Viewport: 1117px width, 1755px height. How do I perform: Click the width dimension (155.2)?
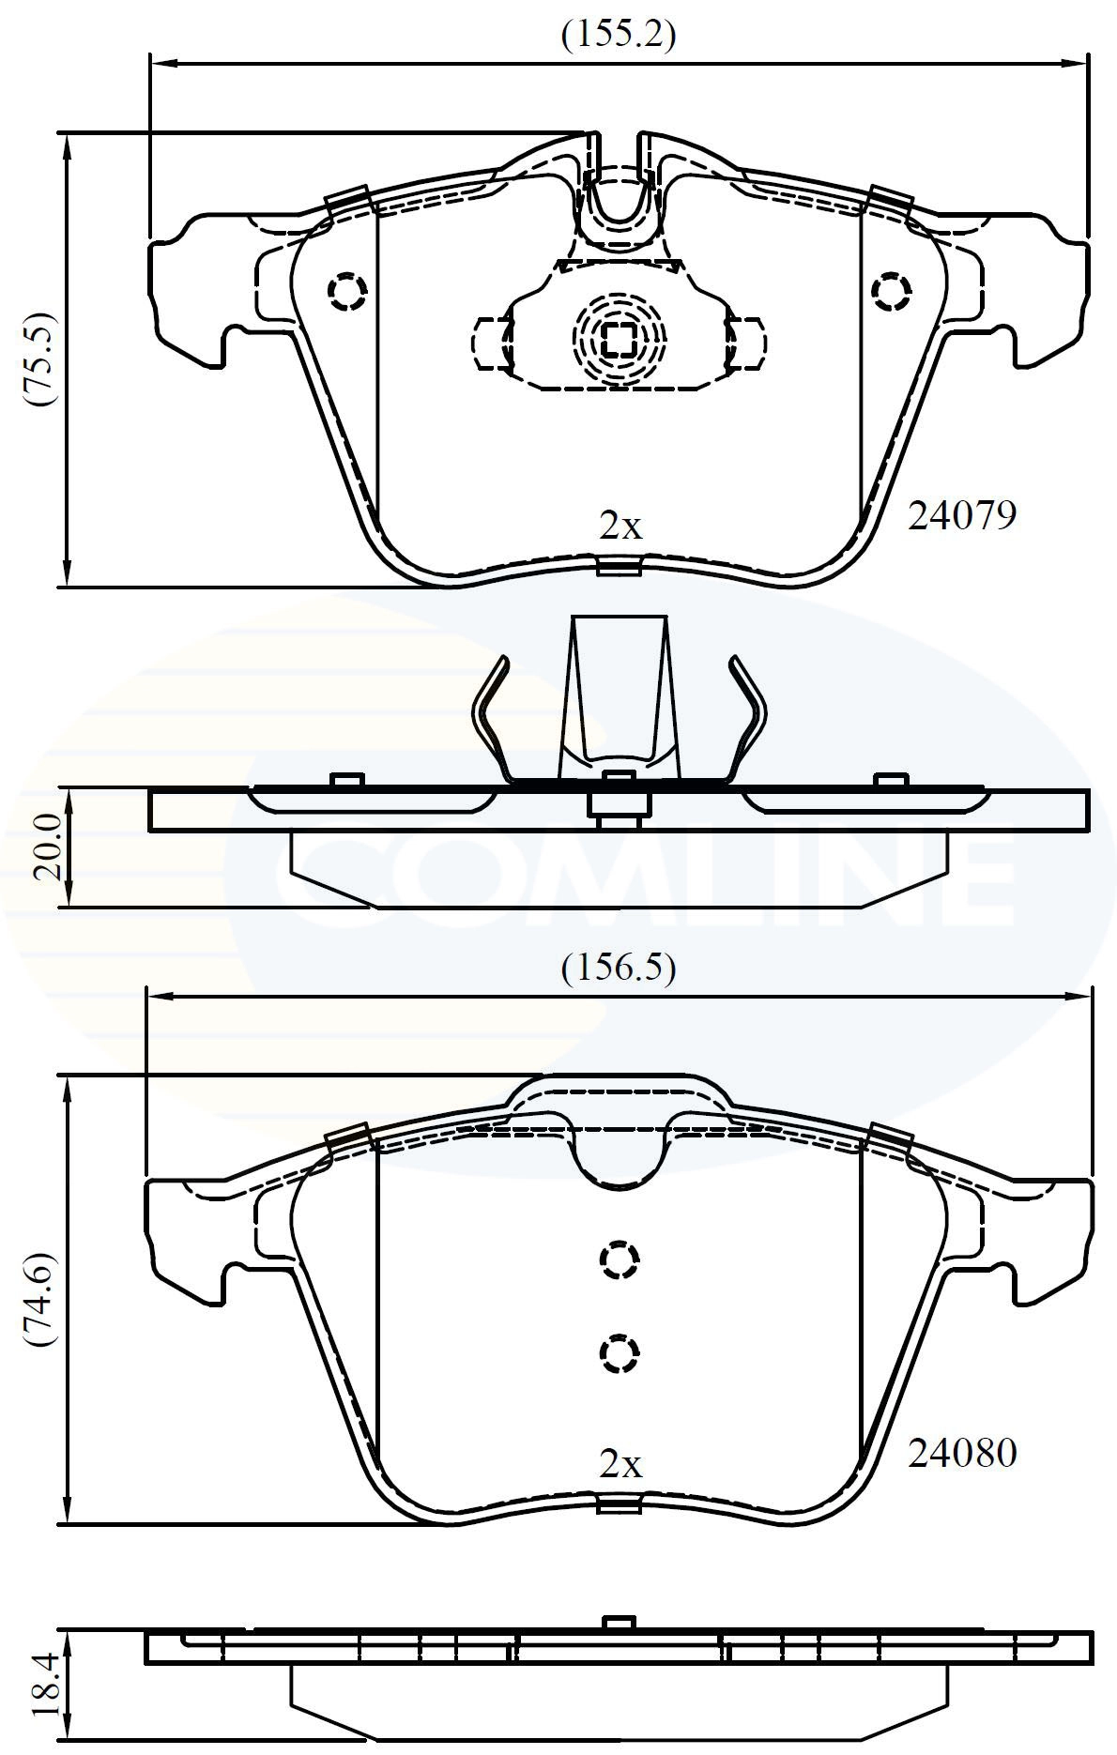pyautogui.click(x=618, y=35)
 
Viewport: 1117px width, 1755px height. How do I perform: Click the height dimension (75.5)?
pyautogui.click(x=42, y=359)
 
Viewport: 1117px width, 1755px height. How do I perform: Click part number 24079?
pyautogui.click(x=961, y=515)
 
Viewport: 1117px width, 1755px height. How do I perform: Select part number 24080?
pyautogui.click(x=961, y=1453)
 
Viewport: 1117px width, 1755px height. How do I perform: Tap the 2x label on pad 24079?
pyautogui.click(x=620, y=526)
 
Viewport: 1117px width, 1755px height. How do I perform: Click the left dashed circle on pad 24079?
pyautogui.click(x=346, y=292)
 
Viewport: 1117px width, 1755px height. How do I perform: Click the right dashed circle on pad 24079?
pyautogui.click(x=891, y=292)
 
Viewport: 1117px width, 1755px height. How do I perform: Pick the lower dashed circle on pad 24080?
pyautogui.click(x=619, y=1352)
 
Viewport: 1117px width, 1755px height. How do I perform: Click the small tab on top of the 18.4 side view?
pyautogui.click(x=619, y=1623)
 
